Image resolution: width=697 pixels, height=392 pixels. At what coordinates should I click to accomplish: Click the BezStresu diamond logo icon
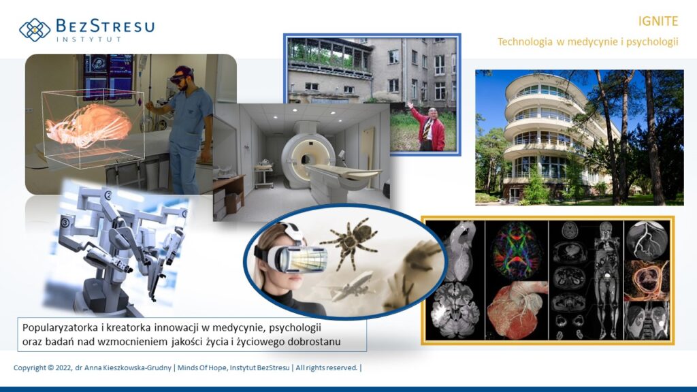pos(35,30)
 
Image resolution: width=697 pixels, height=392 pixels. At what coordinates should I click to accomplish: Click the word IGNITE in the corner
pos(658,21)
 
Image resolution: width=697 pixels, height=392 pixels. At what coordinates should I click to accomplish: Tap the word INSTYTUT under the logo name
pos(89,39)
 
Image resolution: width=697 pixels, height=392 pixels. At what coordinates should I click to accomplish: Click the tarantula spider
pos(351,242)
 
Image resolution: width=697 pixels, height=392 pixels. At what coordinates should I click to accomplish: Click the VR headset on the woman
pos(294,255)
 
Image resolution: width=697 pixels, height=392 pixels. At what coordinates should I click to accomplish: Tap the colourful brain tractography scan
pos(517,250)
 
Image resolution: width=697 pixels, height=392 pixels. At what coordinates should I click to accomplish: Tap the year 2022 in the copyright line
pos(63,368)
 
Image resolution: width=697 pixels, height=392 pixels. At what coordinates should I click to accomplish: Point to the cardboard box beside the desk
pos(233,202)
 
